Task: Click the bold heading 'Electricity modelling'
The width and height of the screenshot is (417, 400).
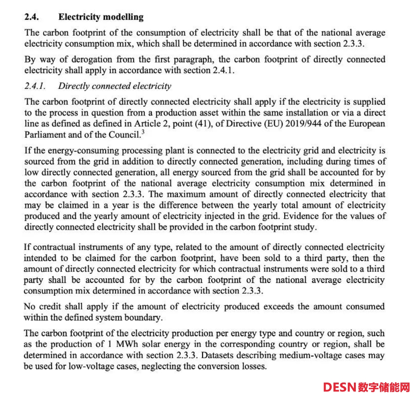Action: (101, 17)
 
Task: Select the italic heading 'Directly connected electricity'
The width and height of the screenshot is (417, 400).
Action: (115, 86)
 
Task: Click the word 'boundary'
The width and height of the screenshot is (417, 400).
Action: (142, 318)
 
